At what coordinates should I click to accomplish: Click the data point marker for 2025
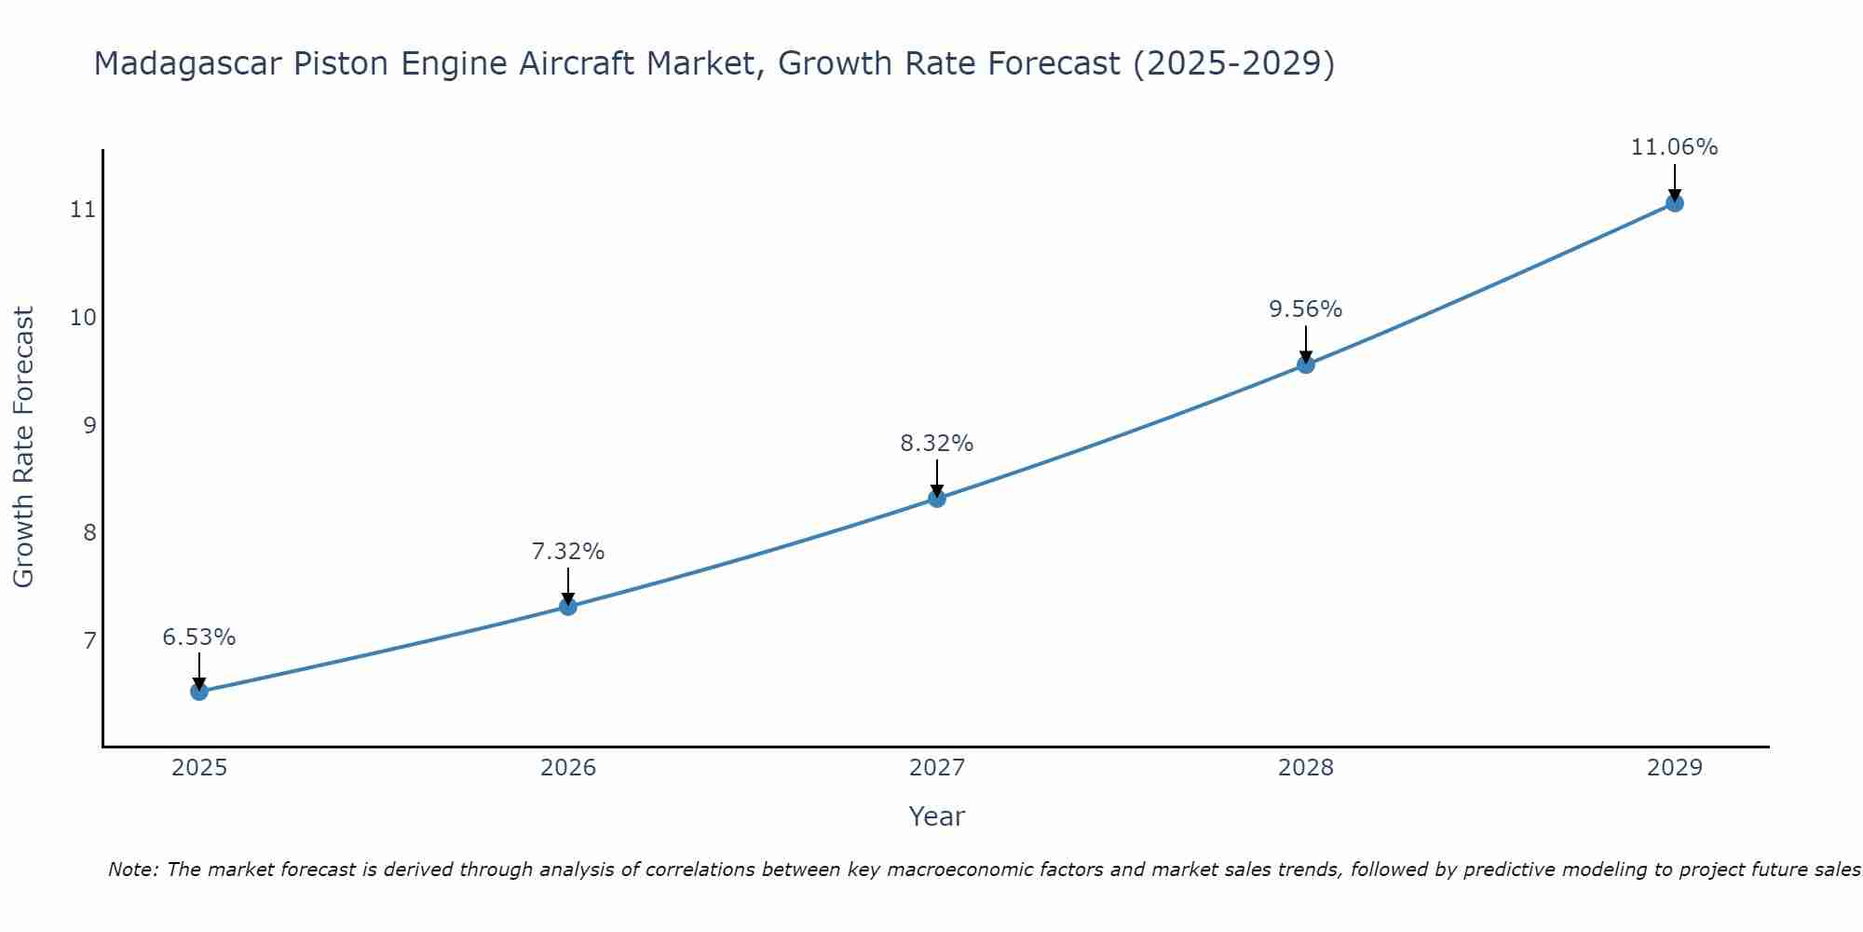coord(199,692)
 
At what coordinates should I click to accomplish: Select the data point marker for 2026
coord(568,607)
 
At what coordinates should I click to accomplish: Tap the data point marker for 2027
coord(937,499)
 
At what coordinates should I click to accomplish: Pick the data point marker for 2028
coord(1306,364)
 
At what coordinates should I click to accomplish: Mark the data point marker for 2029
coord(1674,203)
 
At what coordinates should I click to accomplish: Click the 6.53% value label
coord(199,637)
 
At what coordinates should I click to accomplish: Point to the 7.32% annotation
coord(568,552)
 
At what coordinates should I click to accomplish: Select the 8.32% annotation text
coord(937,444)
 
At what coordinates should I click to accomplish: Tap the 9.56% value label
coord(1306,309)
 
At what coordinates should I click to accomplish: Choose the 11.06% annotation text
coord(1674,147)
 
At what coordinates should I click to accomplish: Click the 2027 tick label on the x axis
coord(937,768)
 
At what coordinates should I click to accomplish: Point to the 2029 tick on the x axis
coord(1674,768)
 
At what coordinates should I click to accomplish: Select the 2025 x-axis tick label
coord(199,768)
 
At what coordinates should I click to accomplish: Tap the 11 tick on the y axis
coord(83,210)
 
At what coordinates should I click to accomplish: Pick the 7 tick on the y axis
coord(89,641)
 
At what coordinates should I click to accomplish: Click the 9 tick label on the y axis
coord(89,426)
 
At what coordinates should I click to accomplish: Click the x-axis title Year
coord(937,816)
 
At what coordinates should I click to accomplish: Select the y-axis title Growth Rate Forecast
coord(23,447)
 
